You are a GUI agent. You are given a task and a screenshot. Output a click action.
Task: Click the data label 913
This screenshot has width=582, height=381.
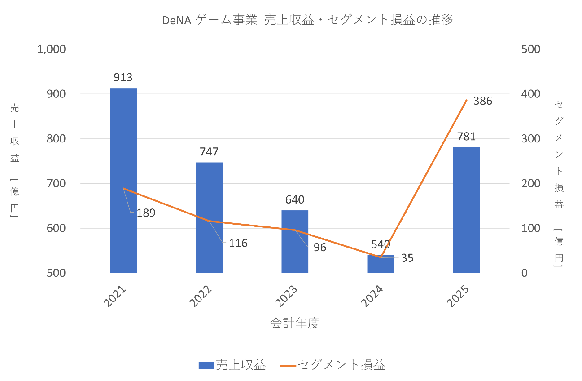point(123,77)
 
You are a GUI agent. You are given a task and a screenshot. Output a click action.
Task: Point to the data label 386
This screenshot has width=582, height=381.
point(483,101)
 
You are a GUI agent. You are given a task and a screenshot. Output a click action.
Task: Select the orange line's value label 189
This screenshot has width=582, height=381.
point(146,213)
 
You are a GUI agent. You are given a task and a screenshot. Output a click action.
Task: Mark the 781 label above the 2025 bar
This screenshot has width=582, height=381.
point(467,137)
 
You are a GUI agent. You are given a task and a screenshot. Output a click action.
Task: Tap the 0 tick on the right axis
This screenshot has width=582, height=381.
point(524,273)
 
